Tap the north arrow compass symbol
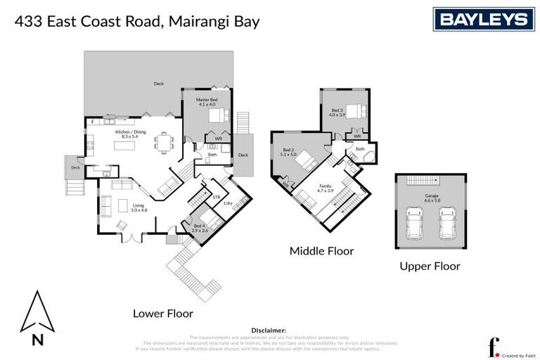[37, 314]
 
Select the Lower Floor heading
[162, 313]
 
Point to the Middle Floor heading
[322, 251]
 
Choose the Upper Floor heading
[430, 266]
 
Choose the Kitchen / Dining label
[130, 132]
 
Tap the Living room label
[139, 207]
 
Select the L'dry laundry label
[228, 203]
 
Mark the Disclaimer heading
[269, 329]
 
